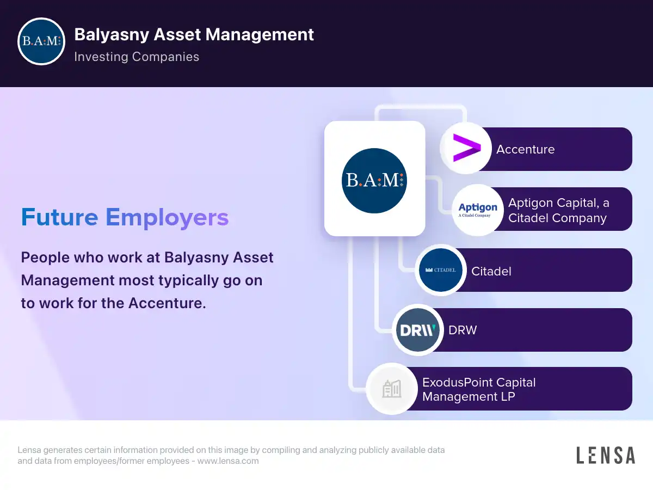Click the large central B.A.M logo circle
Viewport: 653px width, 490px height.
click(x=374, y=180)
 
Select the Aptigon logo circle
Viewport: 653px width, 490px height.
click(x=478, y=210)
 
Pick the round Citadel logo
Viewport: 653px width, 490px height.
click(x=441, y=270)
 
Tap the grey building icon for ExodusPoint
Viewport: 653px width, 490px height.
click(x=392, y=389)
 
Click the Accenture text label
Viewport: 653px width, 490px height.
click(x=525, y=149)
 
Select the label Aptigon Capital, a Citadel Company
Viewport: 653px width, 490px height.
click(x=558, y=210)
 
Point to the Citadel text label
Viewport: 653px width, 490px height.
click(x=491, y=271)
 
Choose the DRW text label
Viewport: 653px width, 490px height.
click(x=463, y=330)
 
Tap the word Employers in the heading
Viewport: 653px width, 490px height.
click(x=167, y=217)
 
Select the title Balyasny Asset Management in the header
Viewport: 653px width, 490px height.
click(x=194, y=34)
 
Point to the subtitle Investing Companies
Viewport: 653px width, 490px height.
click(x=137, y=57)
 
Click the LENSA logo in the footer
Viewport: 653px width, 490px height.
click(x=605, y=455)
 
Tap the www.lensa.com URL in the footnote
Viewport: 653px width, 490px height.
click(x=227, y=461)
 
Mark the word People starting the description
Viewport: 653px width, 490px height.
click(x=45, y=257)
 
